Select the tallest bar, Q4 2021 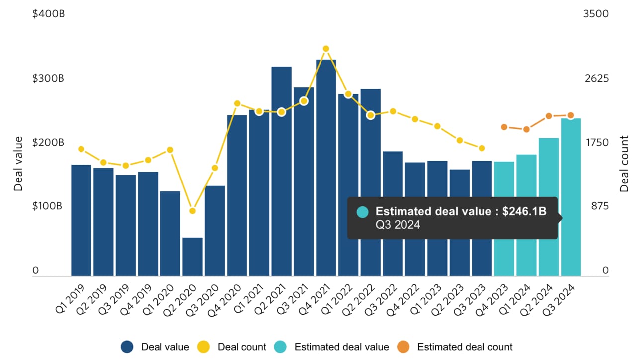326,169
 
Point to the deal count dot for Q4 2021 326,49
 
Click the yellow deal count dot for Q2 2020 193,211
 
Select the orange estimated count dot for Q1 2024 526,129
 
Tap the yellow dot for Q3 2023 481,148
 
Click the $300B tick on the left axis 48,79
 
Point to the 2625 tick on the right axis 598,79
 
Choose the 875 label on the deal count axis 598,206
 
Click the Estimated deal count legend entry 464,347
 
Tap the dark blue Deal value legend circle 128,347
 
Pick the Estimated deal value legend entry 341,347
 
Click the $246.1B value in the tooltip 524,212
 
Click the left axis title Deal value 18,164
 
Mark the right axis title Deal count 624,164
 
